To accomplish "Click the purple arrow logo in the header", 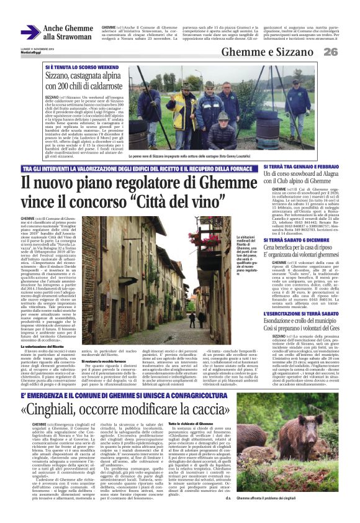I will point(30,32).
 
